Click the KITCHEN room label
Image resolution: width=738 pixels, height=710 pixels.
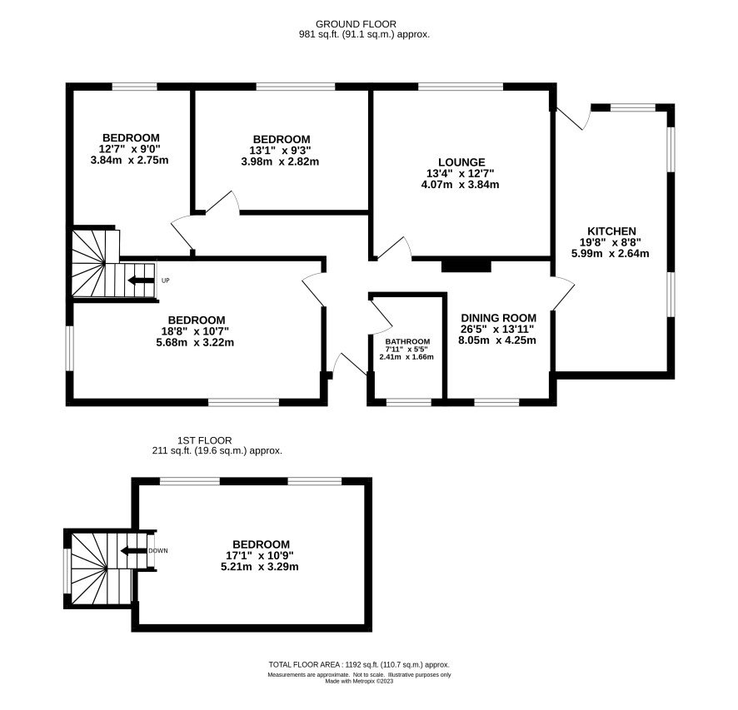611,231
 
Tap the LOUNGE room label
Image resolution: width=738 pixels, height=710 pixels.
461,162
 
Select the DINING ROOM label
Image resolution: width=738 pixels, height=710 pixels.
498,318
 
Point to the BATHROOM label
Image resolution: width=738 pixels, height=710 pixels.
407,341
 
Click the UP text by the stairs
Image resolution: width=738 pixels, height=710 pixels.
165,281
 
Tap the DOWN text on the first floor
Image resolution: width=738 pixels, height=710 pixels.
158,550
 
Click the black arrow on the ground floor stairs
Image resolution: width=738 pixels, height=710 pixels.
141,281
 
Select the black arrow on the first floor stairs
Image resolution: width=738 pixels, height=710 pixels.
132,551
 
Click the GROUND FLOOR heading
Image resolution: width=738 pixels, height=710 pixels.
356,24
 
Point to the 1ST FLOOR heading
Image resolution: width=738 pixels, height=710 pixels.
205,440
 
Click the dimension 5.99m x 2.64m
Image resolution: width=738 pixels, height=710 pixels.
611,254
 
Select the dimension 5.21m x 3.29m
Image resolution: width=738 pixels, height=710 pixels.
260,567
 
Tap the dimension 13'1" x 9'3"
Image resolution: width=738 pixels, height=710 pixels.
281,151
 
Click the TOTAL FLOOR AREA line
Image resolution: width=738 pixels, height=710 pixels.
359,665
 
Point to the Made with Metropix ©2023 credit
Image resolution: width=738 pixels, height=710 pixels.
359,681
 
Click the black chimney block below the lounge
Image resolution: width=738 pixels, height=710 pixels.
466,266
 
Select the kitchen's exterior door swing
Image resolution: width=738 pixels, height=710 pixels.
573,117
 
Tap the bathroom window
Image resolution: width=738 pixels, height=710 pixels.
408,402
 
